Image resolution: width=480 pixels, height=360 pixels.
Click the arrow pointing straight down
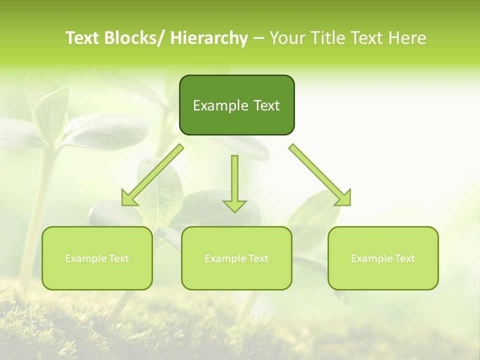tap(234, 182)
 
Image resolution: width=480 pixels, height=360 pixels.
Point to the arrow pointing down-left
tap(152, 175)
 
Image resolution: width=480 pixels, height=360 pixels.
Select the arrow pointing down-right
tap(320, 175)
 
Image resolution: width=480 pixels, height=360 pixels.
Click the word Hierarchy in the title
tap(209, 38)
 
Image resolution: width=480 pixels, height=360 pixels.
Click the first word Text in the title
tap(83, 38)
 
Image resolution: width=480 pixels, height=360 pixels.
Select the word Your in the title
tap(287, 38)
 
